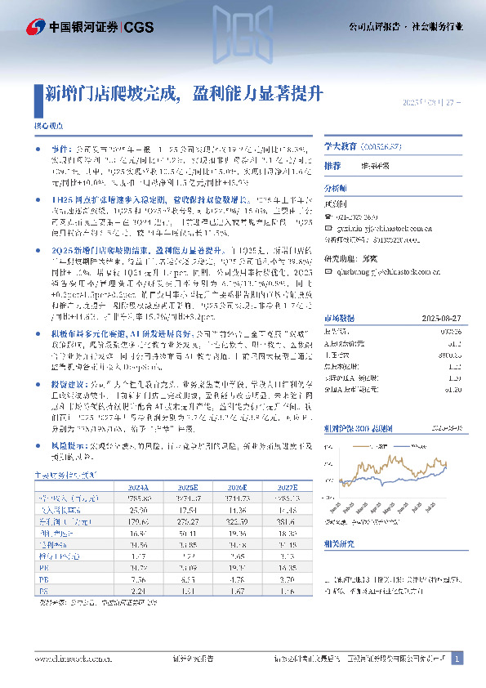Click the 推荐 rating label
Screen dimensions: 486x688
[x=332, y=165]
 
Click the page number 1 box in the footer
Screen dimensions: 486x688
[x=457, y=659]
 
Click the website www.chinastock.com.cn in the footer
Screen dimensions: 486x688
[x=66, y=659]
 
